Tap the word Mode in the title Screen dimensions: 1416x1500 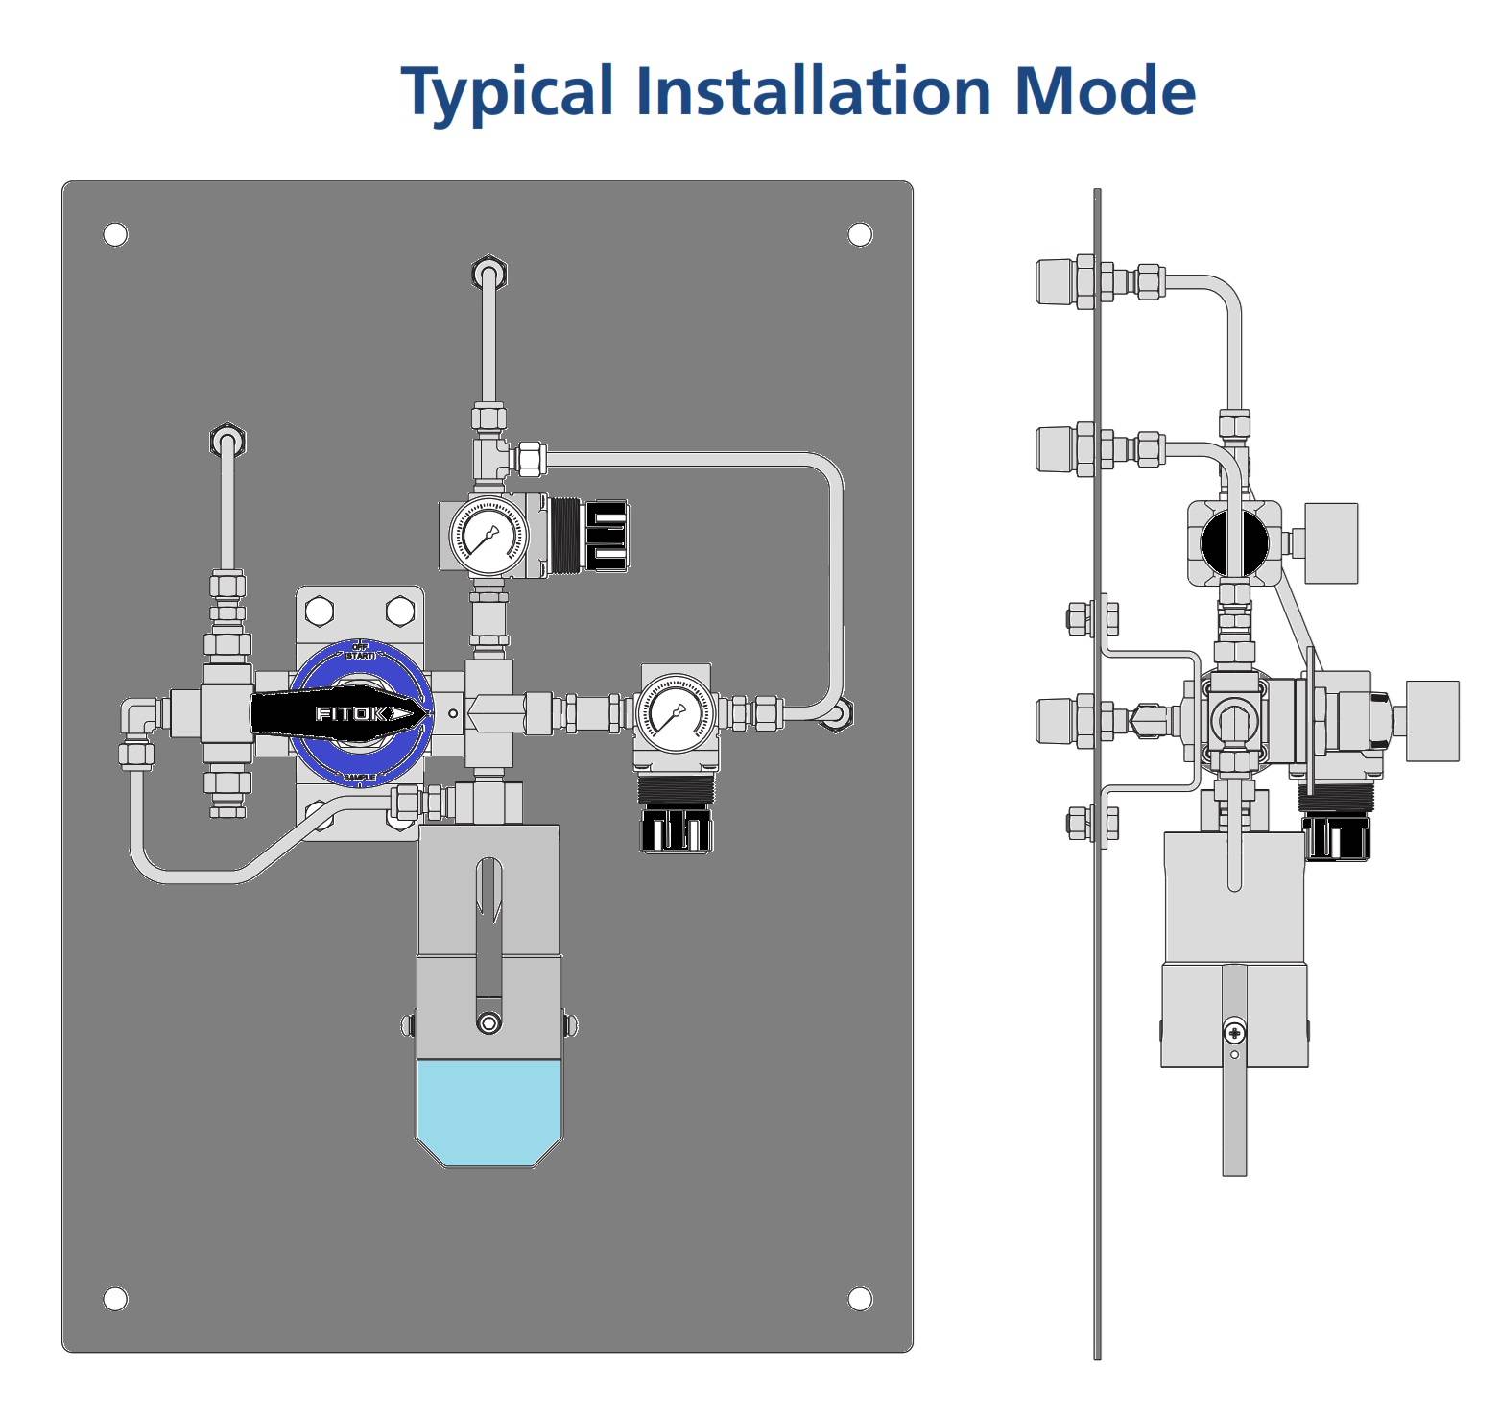pos(1104,91)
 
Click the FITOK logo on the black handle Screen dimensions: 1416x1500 pos(351,713)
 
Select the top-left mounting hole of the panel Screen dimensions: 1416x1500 pos(115,234)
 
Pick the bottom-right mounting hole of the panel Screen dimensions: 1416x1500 pos(860,1299)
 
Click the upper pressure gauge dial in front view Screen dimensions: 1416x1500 pos(488,535)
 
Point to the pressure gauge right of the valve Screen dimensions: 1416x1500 pos(676,713)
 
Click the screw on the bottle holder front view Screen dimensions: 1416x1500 pos(488,1023)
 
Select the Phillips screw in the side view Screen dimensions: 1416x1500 pos(1234,1033)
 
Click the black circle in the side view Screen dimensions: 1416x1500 pos(1234,542)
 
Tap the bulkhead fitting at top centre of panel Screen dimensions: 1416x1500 pos(489,274)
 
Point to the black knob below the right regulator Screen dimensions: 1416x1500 pos(677,829)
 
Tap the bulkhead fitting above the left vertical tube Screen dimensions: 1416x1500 pos(227,441)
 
